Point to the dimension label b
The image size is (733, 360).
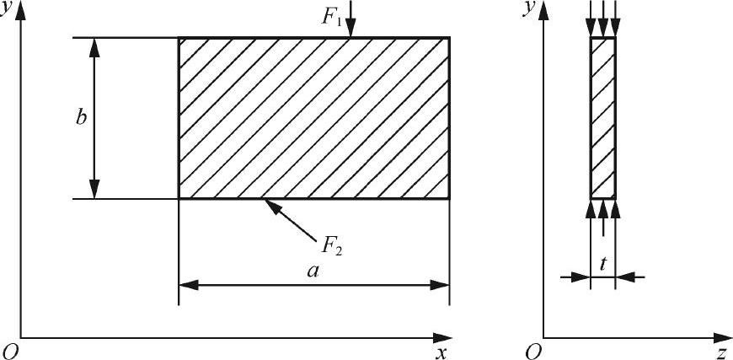pos(81,118)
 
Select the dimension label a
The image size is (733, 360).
pos(313,271)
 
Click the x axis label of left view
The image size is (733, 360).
pos(439,352)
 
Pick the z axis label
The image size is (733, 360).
pos(721,352)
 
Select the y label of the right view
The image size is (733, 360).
pos(528,10)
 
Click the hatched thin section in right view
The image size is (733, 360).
pos(602,118)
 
